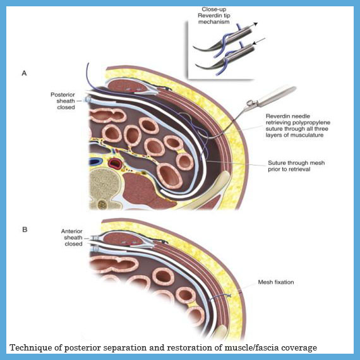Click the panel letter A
[24, 73]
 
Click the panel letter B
[25, 229]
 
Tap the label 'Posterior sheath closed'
[63, 101]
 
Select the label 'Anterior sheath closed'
[72, 237]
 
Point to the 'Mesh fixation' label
[276, 282]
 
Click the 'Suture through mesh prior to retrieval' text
[296, 165]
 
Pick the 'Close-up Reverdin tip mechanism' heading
[214, 15]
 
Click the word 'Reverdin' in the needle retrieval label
[276, 116]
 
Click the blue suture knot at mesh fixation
[229, 296]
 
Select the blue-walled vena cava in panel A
[95, 162]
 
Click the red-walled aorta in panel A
[115, 163]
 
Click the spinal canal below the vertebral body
[102, 204]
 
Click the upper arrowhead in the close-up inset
[256, 24]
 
